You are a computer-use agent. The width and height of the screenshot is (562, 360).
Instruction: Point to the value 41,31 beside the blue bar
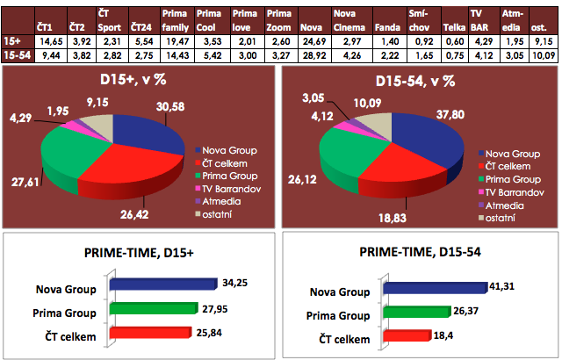point(508,285)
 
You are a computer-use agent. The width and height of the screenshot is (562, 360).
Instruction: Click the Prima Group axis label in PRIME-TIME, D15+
point(67,312)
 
